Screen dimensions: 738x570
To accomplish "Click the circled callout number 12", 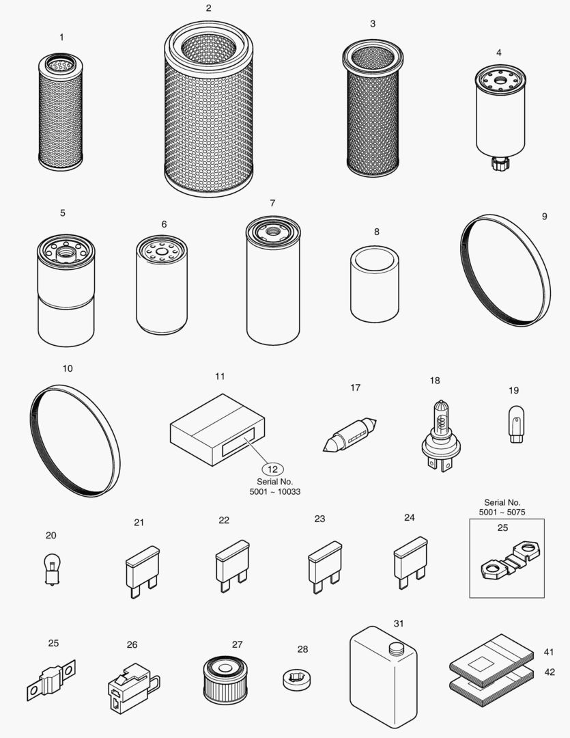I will click(273, 469).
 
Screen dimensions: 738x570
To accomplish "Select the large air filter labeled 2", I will click(209, 113).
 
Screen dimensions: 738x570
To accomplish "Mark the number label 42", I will click(550, 672).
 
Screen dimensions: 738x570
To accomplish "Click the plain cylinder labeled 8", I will click(375, 284).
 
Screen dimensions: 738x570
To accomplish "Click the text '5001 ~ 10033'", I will click(275, 492).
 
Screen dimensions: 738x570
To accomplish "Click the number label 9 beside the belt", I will click(544, 217).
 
